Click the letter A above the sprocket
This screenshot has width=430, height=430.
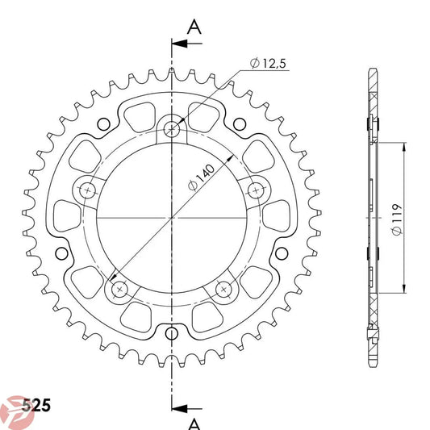coord(194,26)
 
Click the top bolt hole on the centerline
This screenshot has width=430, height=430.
coord(172,127)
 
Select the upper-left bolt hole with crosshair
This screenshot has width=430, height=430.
coord(87,190)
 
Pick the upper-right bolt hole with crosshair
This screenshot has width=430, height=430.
coord(257,190)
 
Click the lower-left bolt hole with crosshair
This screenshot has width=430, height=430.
coord(119,288)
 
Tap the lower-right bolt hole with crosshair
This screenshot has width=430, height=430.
coord(225,288)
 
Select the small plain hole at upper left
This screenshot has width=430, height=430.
coord(102,124)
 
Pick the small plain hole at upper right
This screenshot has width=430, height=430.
coord(241,124)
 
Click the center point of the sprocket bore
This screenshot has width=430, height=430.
coord(172,218)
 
